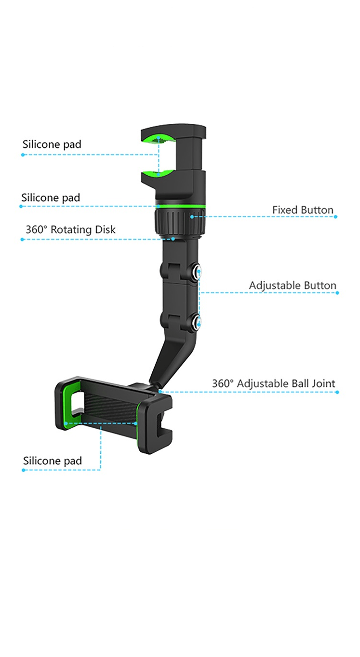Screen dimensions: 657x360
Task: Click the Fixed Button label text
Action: pyautogui.click(x=303, y=210)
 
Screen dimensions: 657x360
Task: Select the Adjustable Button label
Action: pyautogui.click(x=293, y=286)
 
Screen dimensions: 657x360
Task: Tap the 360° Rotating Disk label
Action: pyautogui.click(x=70, y=230)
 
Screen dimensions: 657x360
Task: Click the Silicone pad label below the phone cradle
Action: pyautogui.click(x=53, y=461)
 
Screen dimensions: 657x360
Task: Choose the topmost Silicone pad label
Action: pyautogui.click(x=52, y=145)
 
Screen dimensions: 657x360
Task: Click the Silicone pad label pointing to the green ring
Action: pyautogui.click(x=51, y=198)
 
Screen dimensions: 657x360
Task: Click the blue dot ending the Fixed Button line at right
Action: pyautogui.click(x=335, y=217)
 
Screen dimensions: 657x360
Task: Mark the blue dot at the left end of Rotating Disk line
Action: pyautogui.click(x=22, y=239)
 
